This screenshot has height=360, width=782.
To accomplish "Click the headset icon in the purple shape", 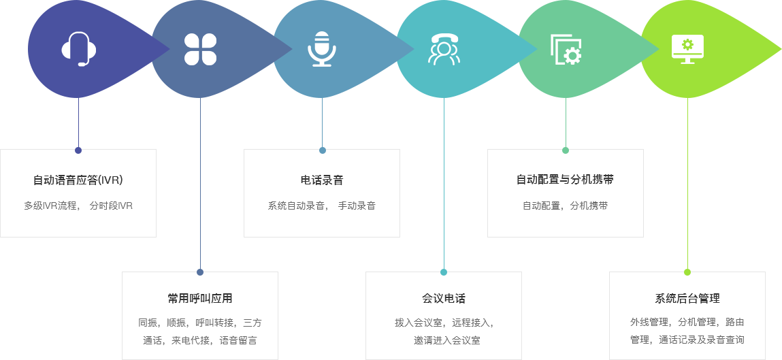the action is tap(79, 49).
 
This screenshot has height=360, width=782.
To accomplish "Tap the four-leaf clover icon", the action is tap(201, 50).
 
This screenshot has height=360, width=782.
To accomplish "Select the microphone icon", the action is tap(322, 49).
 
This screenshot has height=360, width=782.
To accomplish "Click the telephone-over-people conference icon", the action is tap(444, 49).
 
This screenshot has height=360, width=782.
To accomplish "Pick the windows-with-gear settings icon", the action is tap(566, 50).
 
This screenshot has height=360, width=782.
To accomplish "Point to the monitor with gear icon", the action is tap(688, 49).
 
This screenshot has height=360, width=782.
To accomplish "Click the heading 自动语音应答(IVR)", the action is tap(78, 180).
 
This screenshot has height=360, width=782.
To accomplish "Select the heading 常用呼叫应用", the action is tap(200, 299).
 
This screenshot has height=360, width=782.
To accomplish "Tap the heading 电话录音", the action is tap(322, 180).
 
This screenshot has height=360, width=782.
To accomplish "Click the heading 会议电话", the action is tap(443, 299).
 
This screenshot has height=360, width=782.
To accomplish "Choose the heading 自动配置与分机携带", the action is tap(565, 180).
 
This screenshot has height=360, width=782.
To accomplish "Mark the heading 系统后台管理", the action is tap(687, 299).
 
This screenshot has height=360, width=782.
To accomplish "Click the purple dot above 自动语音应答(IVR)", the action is tap(78, 150).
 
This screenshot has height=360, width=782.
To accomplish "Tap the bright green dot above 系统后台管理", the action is tap(687, 272).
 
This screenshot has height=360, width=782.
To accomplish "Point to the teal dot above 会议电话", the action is tap(444, 272).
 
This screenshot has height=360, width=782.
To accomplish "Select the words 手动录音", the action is tap(357, 206).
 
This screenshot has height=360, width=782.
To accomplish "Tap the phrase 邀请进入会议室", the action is tap(447, 340).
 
